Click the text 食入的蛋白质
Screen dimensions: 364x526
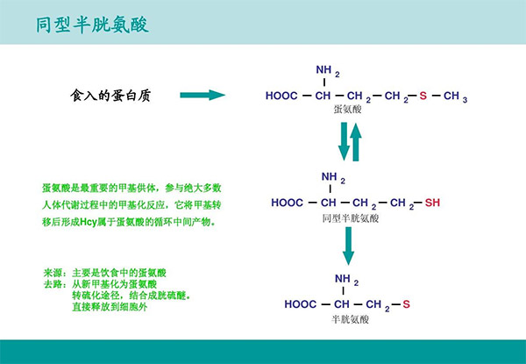pos(110,95)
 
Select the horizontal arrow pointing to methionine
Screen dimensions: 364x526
pos(203,95)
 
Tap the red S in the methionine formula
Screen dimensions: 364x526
pos(422,96)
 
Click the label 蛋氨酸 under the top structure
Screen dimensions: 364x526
pos(347,111)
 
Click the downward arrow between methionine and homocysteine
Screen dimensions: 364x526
pos(345,141)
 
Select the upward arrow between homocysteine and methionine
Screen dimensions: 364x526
pos(356,141)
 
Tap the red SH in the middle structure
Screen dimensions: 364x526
pos(431,203)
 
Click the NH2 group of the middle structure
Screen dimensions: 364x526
pos(331,178)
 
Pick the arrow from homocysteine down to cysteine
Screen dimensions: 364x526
pos(348,246)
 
